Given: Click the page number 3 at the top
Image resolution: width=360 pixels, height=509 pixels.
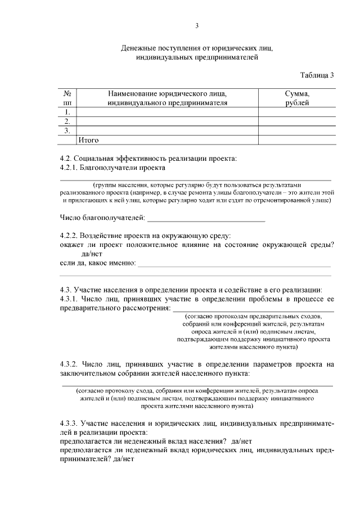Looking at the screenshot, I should [197, 25].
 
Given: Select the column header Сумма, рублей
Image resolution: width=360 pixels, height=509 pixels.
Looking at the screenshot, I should [297, 98].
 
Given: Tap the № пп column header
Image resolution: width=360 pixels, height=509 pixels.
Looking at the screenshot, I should [67, 98].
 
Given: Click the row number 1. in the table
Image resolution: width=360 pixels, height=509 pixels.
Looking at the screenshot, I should [67, 112].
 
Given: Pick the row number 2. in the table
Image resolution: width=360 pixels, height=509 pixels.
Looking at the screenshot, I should [67, 121].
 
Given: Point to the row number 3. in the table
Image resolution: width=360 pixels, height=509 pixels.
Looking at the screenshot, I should [67, 130].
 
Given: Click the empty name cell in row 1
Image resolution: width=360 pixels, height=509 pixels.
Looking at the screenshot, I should [167, 112].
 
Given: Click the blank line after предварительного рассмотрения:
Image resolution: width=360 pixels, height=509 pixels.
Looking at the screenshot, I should [253, 309].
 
